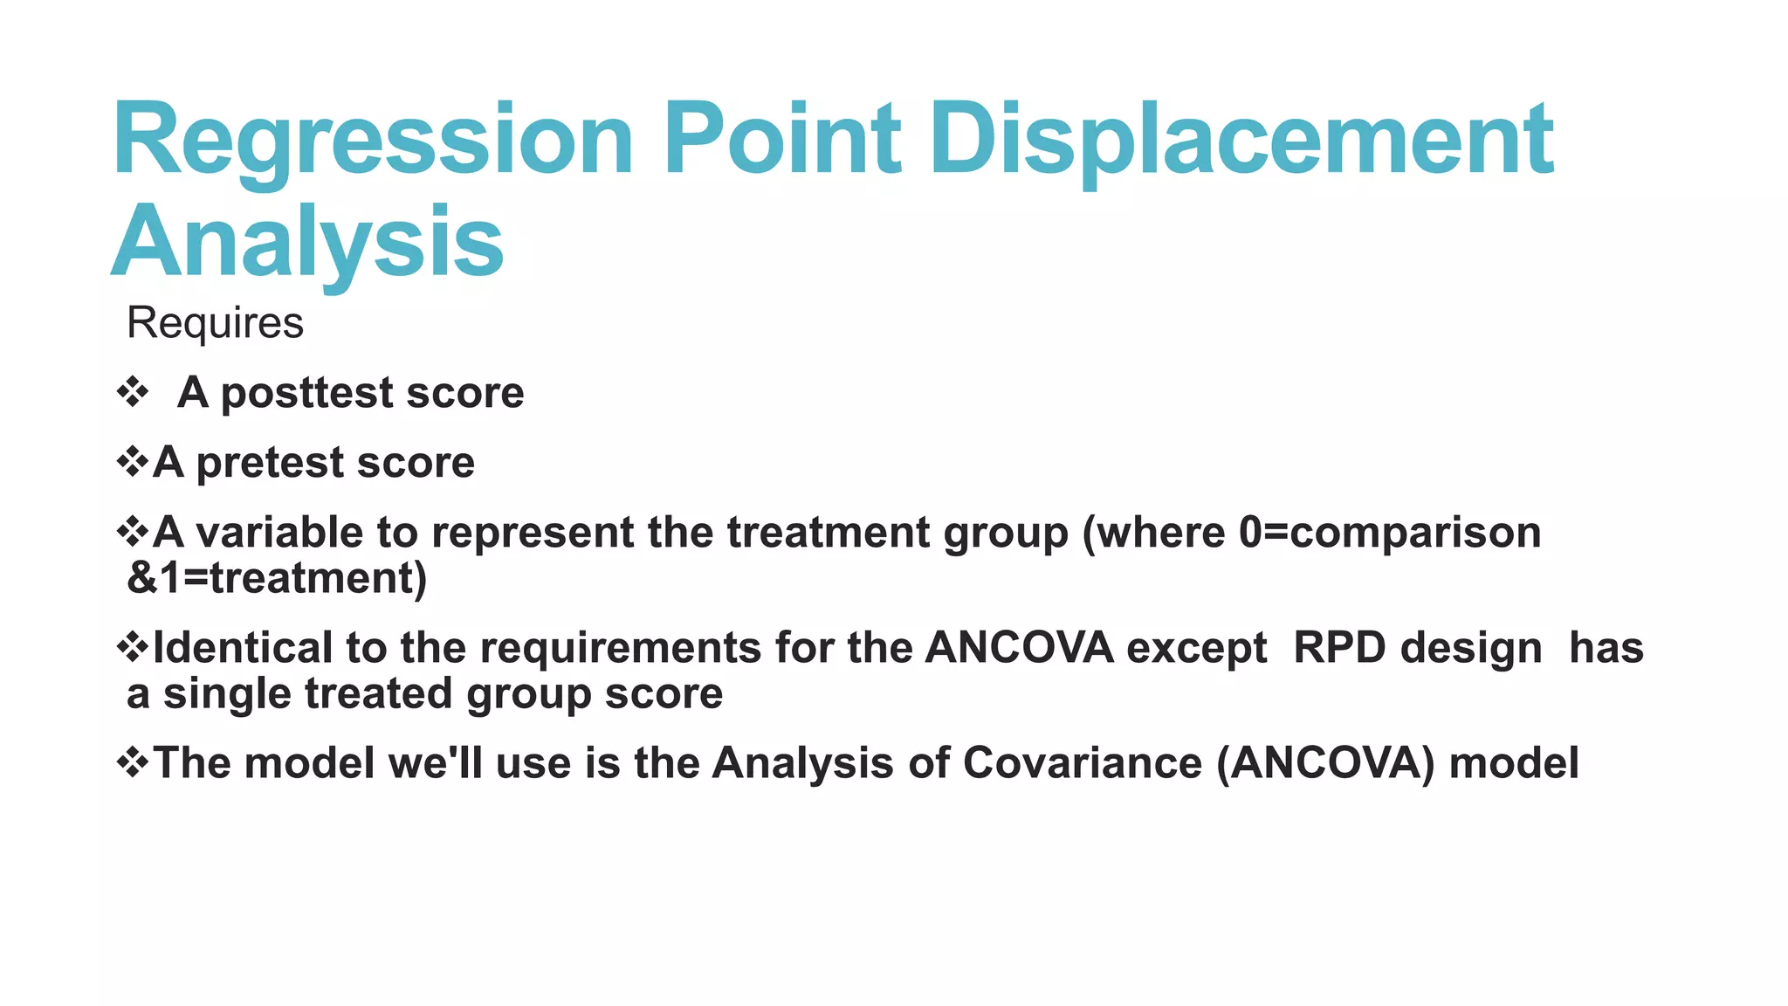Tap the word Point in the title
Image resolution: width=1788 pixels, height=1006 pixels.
click(x=781, y=140)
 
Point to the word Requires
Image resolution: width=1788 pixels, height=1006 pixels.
click(x=215, y=323)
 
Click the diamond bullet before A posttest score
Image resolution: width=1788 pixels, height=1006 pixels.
click(x=133, y=392)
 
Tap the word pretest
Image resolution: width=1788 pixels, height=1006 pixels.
click(x=270, y=464)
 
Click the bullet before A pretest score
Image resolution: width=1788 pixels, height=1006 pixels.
click(x=133, y=461)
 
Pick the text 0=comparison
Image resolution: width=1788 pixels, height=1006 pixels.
click(x=1390, y=533)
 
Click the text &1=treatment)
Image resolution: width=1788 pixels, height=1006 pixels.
click(x=277, y=578)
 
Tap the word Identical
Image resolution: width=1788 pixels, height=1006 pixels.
click(x=243, y=648)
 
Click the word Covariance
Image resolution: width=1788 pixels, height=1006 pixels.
click(x=1083, y=763)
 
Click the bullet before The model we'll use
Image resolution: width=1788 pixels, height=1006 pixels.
click(x=133, y=761)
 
